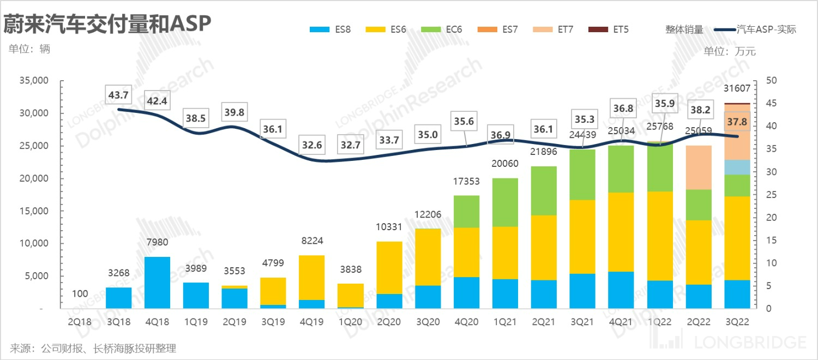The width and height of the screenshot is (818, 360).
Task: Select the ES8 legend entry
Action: click(x=329, y=29)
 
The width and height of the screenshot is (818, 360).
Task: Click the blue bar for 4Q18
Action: click(x=158, y=283)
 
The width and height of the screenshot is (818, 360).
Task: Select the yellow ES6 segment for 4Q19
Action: click(x=312, y=278)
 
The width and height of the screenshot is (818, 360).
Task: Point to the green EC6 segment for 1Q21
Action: click(x=505, y=202)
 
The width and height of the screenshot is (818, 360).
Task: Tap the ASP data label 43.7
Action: click(x=118, y=95)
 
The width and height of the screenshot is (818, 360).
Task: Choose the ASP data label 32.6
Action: click(x=312, y=146)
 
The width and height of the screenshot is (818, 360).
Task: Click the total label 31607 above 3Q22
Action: click(x=737, y=89)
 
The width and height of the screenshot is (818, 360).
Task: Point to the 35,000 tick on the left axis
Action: click(x=34, y=81)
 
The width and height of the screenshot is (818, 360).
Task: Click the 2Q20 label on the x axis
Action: click(x=389, y=322)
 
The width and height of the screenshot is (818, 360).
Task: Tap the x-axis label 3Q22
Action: click(x=737, y=322)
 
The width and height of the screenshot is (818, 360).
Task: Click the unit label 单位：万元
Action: click(x=730, y=52)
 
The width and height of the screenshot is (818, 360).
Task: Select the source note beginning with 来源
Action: click(x=93, y=348)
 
